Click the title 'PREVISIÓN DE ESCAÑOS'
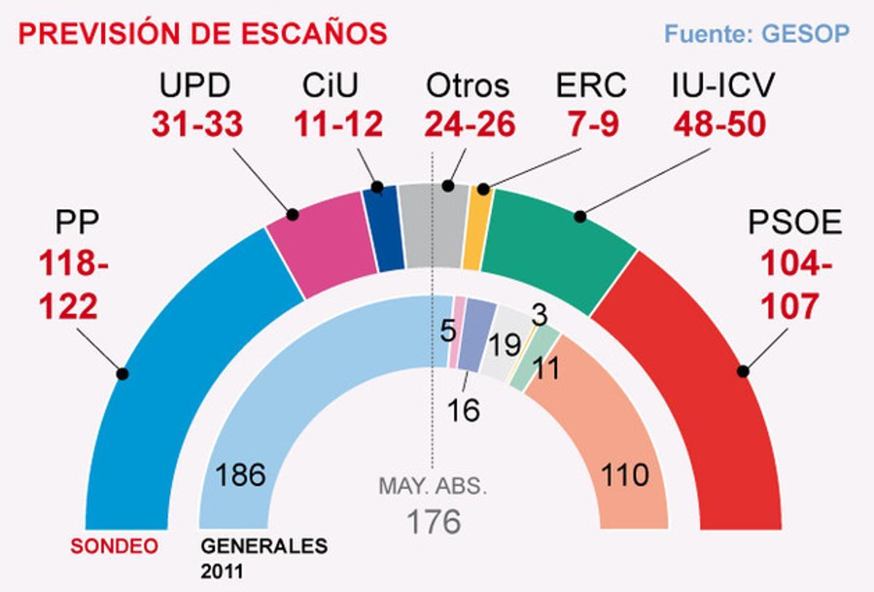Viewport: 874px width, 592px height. pyautogui.click(x=202, y=34)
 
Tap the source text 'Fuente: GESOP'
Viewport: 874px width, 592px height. pyautogui.click(x=757, y=34)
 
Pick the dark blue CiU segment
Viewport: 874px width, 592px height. pyautogui.click(x=384, y=229)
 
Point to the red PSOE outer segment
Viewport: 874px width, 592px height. pyautogui.click(x=699, y=379)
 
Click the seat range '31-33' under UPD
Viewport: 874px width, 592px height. pyautogui.click(x=197, y=125)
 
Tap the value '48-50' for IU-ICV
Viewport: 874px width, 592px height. pyautogui.click(x=720, y=125)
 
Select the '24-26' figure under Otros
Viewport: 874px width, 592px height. pyautogui.click(x=470, y=125)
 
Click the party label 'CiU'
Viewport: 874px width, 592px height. pyautogui.click(x=331, y=87)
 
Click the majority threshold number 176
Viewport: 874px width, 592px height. pyautogui.click(x=433, y=521)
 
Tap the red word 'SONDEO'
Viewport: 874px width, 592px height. pyautogui.click(x=114, y=545)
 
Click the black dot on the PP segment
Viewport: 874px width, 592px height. pyautogui.click(x=122, y=374)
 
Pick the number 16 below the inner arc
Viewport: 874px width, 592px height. pyautogui.click(x=464, y=410)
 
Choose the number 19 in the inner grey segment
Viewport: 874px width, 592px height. pyautogui.click(x=503, y=346)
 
